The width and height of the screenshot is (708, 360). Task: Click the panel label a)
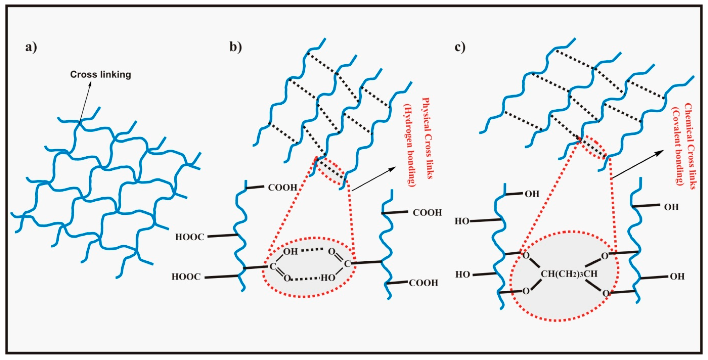click(31, 47)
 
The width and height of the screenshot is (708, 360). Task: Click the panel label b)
click(236, 47)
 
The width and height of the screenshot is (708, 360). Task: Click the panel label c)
click(460, 47)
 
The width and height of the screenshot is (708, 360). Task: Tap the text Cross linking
click(101, 75)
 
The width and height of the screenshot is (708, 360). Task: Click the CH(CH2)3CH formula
click(569, 274)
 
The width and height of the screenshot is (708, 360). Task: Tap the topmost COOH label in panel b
click(282, 188)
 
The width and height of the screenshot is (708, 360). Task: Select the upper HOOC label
click(190, 237)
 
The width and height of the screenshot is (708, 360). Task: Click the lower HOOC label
click(186, 277)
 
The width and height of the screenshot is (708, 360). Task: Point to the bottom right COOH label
click(423, 283)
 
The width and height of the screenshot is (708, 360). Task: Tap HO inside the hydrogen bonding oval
click(328, 278)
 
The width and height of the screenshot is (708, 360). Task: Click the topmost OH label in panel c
click(532, 194)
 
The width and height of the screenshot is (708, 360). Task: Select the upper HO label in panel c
click(462, 221)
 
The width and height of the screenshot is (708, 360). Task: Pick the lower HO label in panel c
click(462, 274)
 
